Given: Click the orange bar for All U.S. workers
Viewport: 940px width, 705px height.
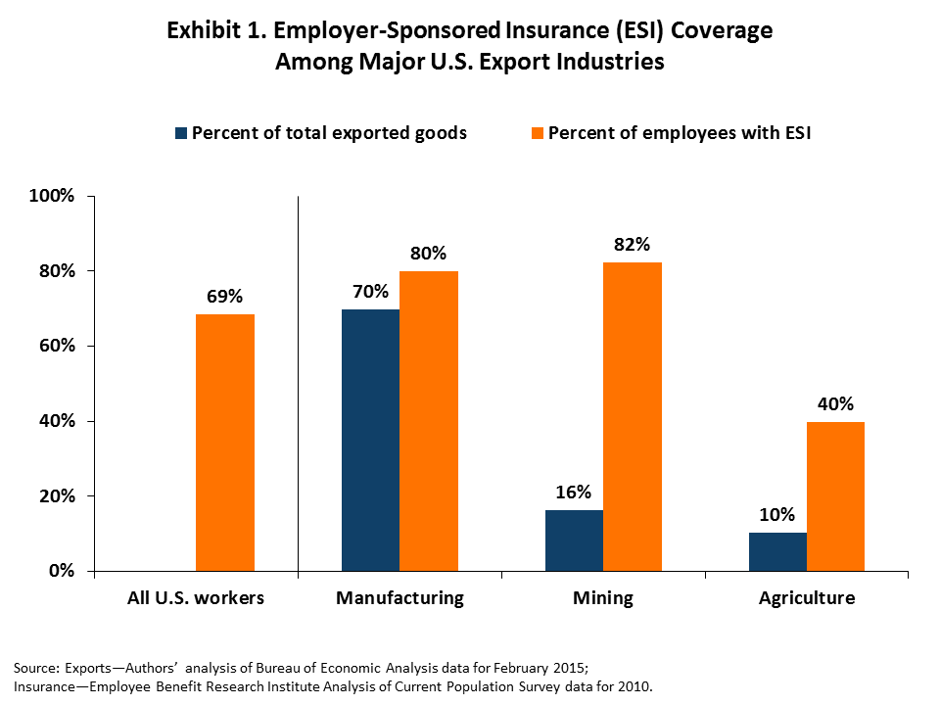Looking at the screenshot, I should point(225,443).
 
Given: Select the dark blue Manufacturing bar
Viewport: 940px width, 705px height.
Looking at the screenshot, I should point(370,440).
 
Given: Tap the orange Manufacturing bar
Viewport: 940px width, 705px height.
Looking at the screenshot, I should point(429,421).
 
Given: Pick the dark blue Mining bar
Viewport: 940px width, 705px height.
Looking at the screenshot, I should point(574,540).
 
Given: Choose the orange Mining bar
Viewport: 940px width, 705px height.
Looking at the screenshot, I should point(633,417).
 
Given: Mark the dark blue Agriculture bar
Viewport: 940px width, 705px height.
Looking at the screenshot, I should point(777,551).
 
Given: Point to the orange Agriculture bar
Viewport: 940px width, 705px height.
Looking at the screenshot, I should point(835,496).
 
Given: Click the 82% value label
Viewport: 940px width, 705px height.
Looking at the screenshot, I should point(632,245).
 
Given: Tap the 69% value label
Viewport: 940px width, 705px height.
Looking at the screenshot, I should point(225,297).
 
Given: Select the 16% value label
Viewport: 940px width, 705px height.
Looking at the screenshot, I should point(574,493).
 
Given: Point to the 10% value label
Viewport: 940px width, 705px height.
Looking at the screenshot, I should point(777,515).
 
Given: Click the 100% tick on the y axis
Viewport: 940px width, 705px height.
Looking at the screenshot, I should point(53,196).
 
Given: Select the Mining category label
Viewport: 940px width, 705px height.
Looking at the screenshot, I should point(604,597).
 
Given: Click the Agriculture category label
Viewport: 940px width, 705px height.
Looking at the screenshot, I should point(807,597).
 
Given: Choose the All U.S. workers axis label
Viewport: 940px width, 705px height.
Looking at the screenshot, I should point(196,597).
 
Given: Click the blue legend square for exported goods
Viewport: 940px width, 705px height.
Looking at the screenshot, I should point(181,133).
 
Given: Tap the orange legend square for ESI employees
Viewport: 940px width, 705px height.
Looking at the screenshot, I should point(537,133).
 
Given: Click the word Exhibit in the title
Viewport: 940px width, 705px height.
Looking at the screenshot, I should point(202,30).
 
